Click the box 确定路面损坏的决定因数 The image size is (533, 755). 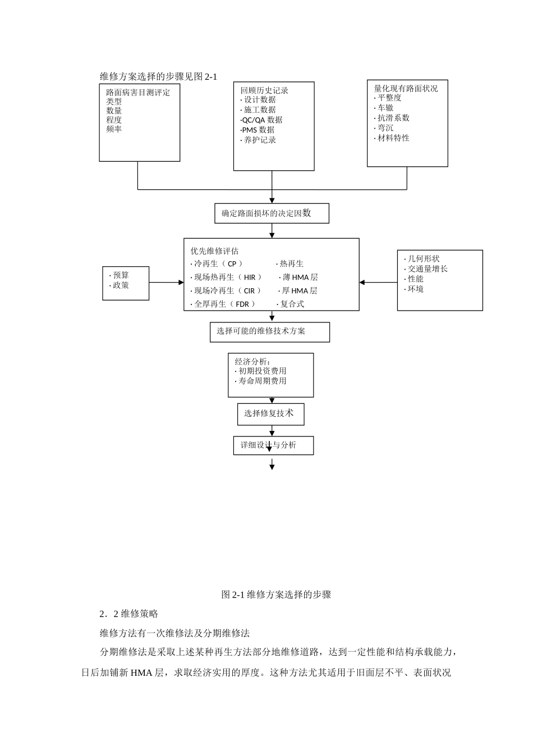tap(272, 213)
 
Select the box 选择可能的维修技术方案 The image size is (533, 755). tap(270, 331)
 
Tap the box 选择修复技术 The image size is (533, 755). tap(270, 413)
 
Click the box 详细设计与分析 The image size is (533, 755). tap(273, 445)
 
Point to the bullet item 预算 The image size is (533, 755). tap(120, 275)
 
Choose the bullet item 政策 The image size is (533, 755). tap(120, 285)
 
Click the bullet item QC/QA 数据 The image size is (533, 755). tap(262, 120)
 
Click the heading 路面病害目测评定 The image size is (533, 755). tap(138, 92)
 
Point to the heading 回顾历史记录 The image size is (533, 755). tap(264, 90)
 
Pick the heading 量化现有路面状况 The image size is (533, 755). tap(406, 88)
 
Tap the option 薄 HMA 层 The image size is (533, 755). tap(300, 277)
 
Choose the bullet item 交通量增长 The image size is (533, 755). tap(427, 269)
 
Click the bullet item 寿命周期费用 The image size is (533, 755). tap(261, 381)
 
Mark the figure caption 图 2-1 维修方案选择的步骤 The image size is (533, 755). tap(276, 594)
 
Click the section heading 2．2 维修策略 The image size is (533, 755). tap(129, 613)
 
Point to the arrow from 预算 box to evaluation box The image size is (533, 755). tap(166, 283)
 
